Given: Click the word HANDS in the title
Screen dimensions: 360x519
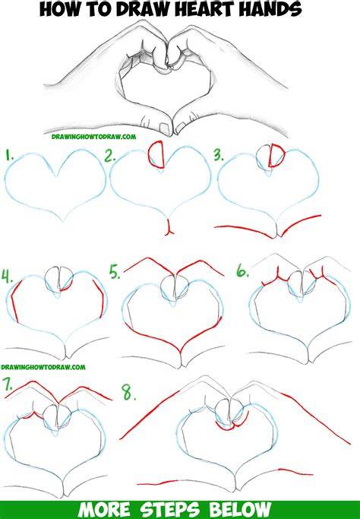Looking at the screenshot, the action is click(x=270, y=9).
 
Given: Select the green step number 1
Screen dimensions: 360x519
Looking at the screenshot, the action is click(x=9, y=155).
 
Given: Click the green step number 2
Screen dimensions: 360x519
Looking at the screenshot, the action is click(x=109, y=156).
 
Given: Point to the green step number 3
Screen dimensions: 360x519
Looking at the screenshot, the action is click(x=219, y=155).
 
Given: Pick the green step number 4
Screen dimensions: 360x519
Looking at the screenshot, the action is click(x=7, y=277).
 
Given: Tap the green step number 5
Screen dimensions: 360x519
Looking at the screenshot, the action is click(x=115, y=272).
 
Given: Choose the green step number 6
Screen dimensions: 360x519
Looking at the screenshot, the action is click(x=242, y=271).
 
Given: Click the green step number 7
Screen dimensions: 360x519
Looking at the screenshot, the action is click(x=8, y=384).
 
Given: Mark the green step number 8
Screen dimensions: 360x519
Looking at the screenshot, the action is click(x=128, y=393).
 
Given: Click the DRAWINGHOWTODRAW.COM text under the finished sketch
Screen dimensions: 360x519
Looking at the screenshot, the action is click(x=93, y=136).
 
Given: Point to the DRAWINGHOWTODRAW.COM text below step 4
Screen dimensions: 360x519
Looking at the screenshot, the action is click(x=43, y=367).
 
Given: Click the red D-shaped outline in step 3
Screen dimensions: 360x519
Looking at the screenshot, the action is click(x=276, y=156).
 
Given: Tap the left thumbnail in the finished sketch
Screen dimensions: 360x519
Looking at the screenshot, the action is click(x=164, y=128).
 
